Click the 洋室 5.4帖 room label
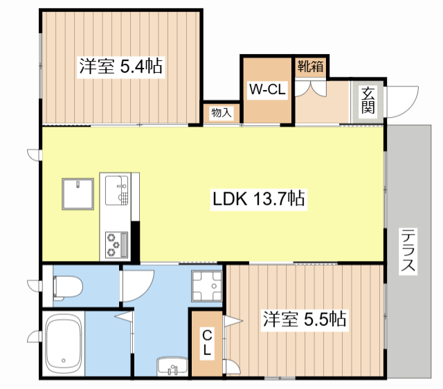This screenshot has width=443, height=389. pos(120,66)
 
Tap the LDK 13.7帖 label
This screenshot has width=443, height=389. pos(258,199)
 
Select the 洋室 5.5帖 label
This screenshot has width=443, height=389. pos(305,320)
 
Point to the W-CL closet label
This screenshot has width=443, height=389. pos(267,89)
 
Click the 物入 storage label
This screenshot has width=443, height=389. pos(221,113)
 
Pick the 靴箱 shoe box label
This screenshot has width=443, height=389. pos(311,66)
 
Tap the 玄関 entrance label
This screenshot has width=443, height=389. pos(368,100)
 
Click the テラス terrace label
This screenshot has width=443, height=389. pos(408,251)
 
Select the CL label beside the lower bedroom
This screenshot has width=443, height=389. pos(207,343)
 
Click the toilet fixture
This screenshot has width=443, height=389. pos(68,287)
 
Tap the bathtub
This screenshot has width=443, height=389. pos(63,344)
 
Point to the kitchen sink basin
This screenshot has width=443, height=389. pos(116,190)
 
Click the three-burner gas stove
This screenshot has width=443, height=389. pos(116,244)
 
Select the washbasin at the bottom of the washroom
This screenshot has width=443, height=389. pos(172,366)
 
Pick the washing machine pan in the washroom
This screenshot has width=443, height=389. pos(207,286)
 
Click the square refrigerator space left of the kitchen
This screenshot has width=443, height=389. pos(78,194)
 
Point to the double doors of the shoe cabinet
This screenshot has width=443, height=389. pos(311,89)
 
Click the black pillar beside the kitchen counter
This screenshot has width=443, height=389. pos(136,242)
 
